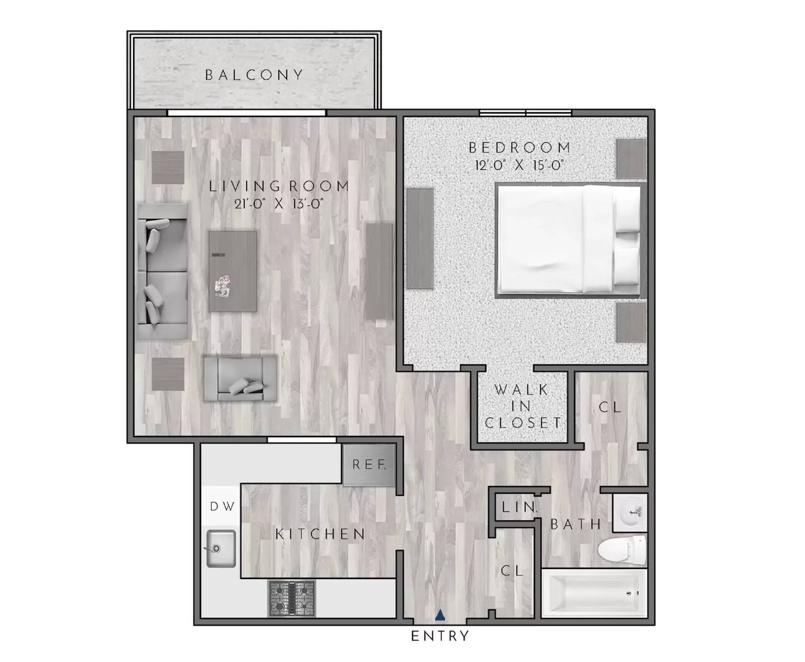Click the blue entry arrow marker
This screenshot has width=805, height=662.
click(440, 614)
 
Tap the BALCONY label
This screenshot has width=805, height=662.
click(254, 75)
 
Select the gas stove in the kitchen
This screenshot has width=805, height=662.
click(291, 598)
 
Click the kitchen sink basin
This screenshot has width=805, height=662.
click(220, 548)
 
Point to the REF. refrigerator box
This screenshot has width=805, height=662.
click(369, 465)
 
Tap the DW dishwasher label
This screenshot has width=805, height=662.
click(222, 507)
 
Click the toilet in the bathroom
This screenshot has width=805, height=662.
click(622, 550)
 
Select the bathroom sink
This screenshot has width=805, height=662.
click(629, 512)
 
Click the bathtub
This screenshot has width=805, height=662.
click(594, 594)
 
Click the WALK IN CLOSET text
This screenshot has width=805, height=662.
click(522, 406)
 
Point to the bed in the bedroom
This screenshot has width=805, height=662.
click(570, 240)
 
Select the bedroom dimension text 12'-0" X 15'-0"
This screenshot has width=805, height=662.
click(519, 165)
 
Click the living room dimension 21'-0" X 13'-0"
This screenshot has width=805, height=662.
click(279, 204)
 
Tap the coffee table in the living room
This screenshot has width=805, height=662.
click(233, 271)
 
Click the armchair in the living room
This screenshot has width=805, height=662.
click(240, 379)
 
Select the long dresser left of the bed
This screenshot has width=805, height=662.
click(420, 238)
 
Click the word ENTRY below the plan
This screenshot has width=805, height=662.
click(440, 636)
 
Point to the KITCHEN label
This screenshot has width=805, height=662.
click(320, 534)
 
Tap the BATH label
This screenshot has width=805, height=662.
click(576, 525)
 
